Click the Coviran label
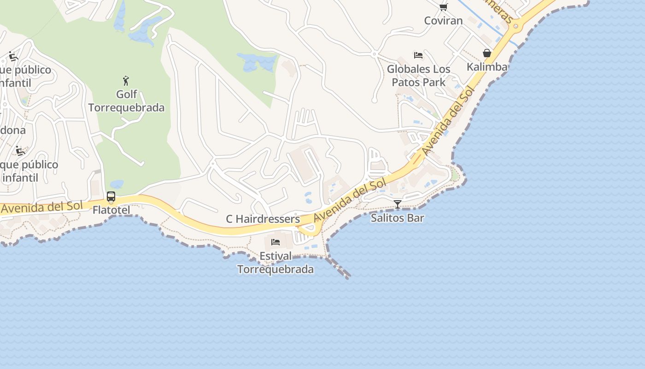(443, 21)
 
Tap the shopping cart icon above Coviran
(443, 7)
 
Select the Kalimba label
(487, 67)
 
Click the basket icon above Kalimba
(487, 54)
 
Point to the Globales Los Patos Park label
(418, 76)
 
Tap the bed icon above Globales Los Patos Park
(418, 55)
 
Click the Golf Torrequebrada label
(126, 101)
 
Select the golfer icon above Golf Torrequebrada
(126, 80)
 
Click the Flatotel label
(111, 210)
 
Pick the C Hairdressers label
(263, 219)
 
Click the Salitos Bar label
(397, 218)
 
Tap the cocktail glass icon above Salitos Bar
(398, 204)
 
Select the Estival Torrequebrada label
(276, 262)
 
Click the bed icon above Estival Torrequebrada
(276, 242)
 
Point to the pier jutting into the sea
(339, 268)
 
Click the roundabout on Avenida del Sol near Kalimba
(516, 27)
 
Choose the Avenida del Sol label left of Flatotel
(41, 207)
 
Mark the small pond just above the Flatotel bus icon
(116, 184)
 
